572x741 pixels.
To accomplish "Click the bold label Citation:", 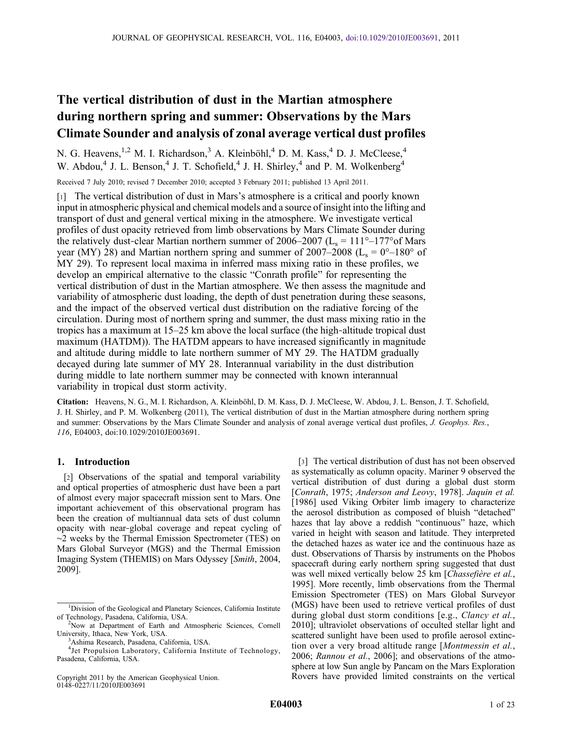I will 73,402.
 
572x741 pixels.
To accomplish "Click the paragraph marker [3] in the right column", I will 303,461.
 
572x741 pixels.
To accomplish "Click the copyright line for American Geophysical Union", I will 138,678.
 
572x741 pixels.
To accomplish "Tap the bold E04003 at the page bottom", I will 286,704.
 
